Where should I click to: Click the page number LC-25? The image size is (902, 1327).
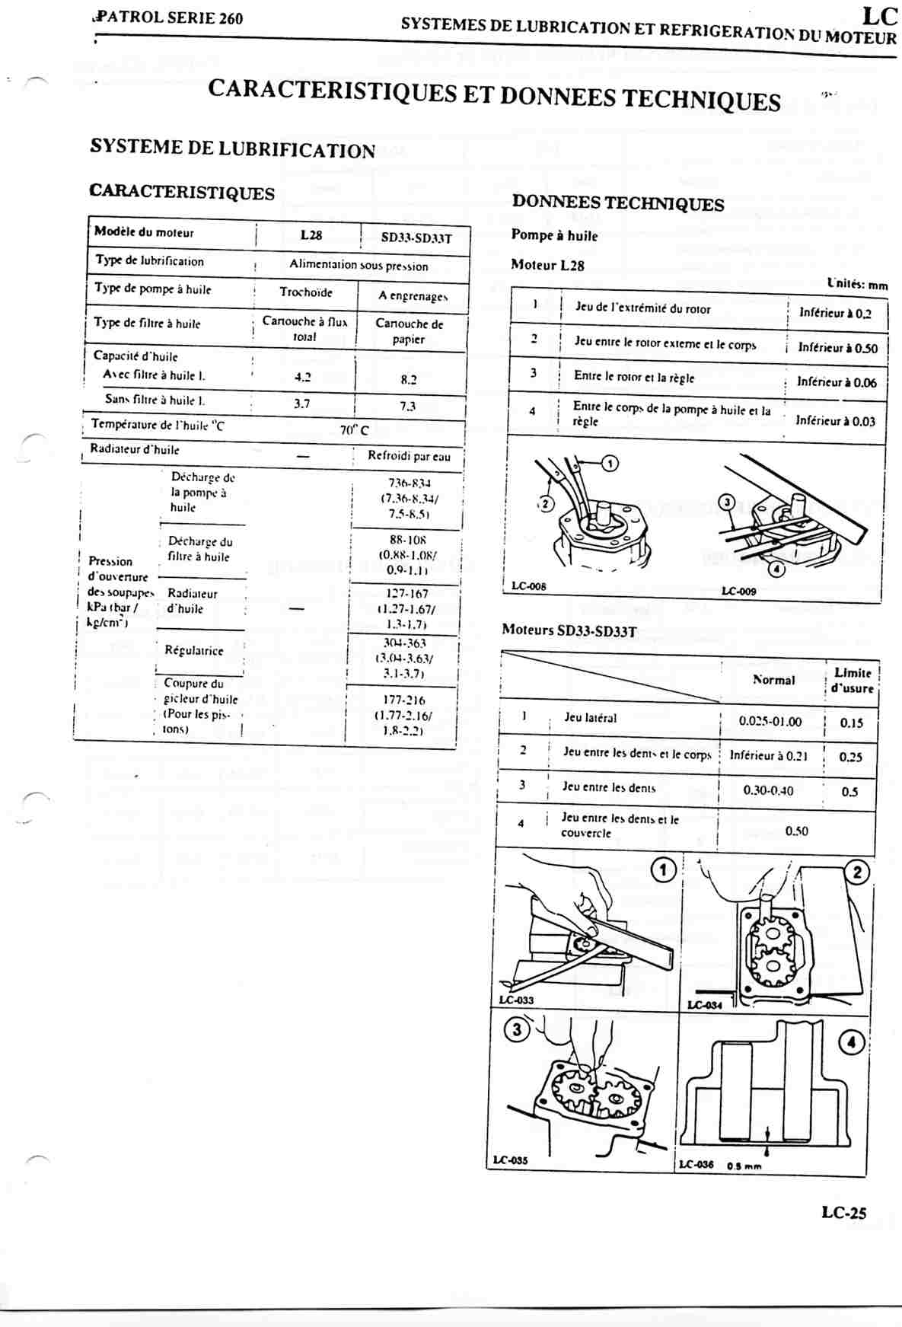click(x=843, y=1213)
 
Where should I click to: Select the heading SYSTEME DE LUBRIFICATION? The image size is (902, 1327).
click(x=232, y=148)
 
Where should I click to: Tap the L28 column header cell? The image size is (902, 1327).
click(x=311, y=235)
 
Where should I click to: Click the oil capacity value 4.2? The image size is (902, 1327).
click(x=303, y=377)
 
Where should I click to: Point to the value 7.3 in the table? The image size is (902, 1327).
click(x=408, y=406)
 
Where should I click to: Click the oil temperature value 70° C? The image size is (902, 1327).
click(x=354, y=430)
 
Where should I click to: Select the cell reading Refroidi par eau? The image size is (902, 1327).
click(x=409, y=456)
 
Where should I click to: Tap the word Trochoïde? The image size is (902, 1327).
click(x=306, y=292)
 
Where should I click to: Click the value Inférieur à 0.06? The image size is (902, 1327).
click(x=837, y=382)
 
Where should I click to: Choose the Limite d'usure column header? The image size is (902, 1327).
click(x=853, y=680)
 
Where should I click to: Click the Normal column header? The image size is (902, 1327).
click(x=773, y=680)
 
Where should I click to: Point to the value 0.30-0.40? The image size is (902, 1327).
click(x=768, y=790)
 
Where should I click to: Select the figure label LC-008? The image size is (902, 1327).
click(x=528, y=586)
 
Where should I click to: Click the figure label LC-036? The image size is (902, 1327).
click(x=696, y=1164)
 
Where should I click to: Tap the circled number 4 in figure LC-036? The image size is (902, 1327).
click(x=852, y=1042)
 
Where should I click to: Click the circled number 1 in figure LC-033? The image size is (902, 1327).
click(x=663, y=869)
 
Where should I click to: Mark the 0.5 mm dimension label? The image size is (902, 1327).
click(x=744, y=1166)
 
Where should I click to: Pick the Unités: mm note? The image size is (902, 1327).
click(x=857, y=285)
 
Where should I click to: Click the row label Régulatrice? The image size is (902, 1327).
click(x=194, y=650)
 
